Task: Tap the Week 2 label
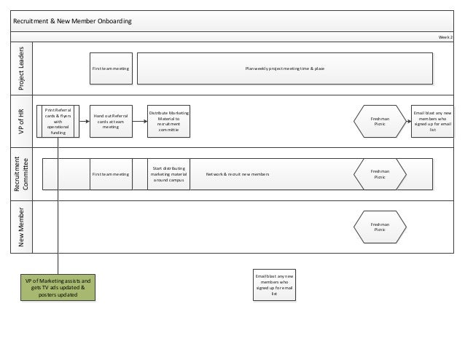[x=445, y=36]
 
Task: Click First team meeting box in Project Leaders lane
[x=110, y=68]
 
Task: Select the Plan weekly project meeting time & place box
[x=285, y=68]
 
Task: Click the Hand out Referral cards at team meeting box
[x=110, y=121]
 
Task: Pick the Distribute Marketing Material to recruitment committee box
[x=168, y=121]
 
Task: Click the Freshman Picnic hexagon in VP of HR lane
[x=380, y=121]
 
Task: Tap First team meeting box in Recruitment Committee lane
[x=110, y=174]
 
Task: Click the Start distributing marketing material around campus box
[x=168, y=174]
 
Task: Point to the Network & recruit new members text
[x=238, y=175]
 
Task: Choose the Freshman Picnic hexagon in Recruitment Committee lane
[x=380, y=174]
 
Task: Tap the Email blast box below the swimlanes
[x=274, y=285]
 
